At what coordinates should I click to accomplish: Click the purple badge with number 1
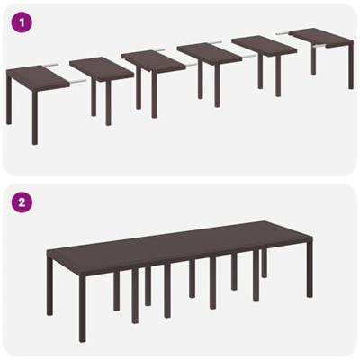pos(22,22)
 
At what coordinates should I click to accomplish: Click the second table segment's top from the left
pos(101,68)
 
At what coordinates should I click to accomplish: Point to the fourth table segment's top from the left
pos(209,53)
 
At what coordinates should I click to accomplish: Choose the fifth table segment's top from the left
pos(264,46)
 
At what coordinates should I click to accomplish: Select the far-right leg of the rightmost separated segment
pos(351,67)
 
